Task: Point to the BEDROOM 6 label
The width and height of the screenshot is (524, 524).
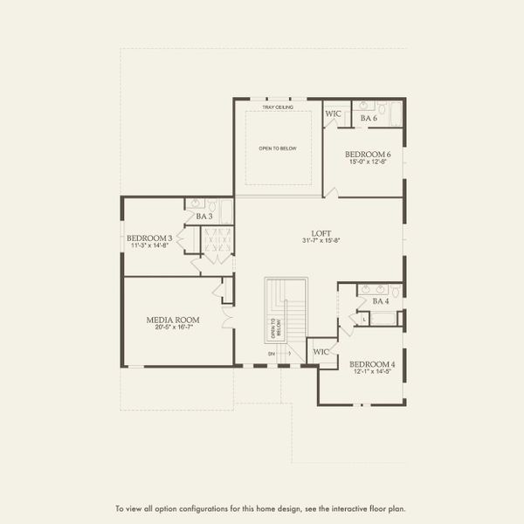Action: pos(368,155)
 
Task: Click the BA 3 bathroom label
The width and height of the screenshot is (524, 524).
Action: pos(204,216)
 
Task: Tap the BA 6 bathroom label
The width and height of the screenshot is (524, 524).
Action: pos(369,117)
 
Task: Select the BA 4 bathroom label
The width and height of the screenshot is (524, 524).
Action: pos(381,301)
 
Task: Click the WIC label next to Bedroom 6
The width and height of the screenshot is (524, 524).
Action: pos(333,114)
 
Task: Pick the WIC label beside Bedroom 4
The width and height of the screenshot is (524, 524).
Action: pos(321,352)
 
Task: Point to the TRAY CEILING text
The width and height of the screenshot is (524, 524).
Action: pos(277,107)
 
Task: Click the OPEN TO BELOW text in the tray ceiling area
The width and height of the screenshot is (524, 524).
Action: pos(278,148)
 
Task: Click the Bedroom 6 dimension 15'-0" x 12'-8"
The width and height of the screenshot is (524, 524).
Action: pos(368,162)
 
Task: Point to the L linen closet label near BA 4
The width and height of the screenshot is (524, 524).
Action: pos(364,320)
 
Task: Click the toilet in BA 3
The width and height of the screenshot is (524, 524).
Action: pos(193,204)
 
